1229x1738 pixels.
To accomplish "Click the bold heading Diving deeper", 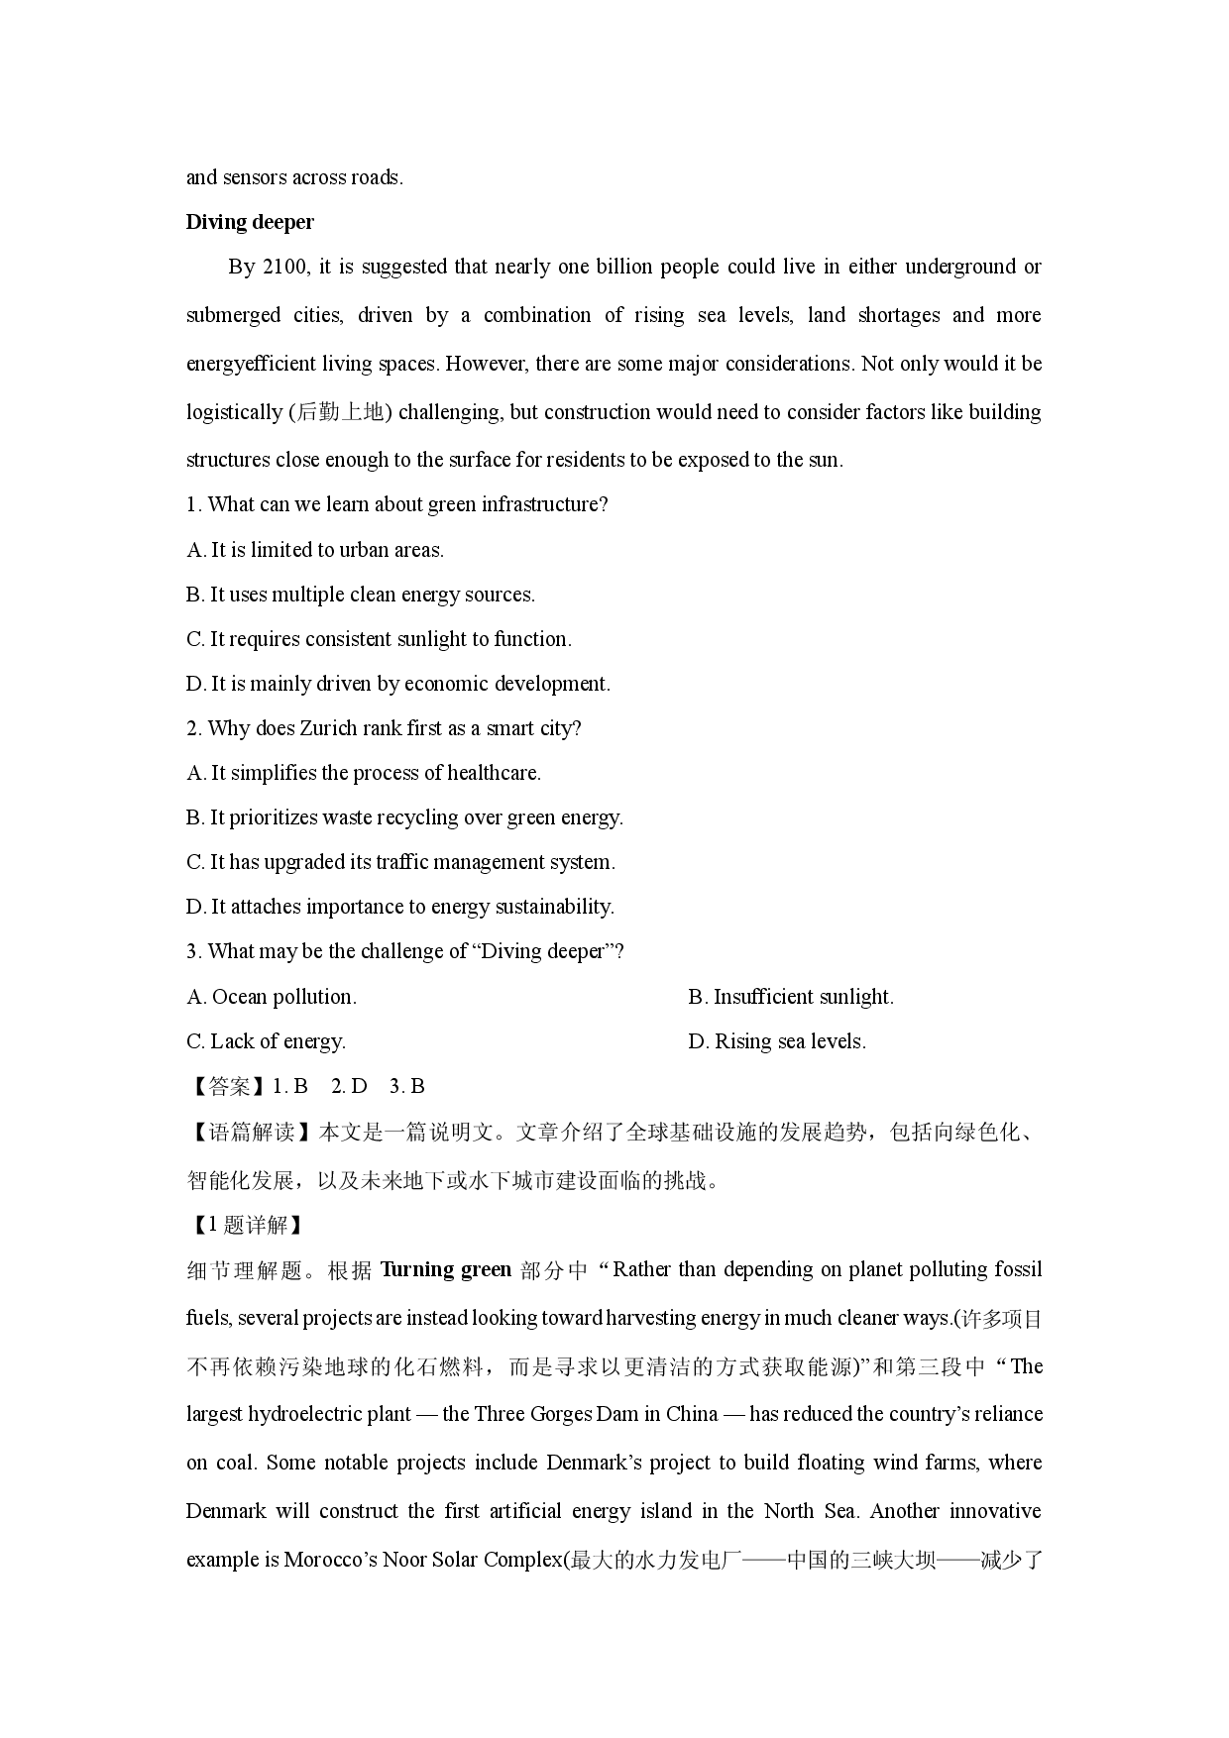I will click(x=250, y=222).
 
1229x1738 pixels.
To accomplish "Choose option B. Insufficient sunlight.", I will click(x=791, y=997).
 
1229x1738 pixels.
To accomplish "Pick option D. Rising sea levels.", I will click(x=777, y=1041).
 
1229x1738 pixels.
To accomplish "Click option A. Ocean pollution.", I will click(x=272, y=997).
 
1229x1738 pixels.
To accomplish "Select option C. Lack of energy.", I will click(x=266, y=1041).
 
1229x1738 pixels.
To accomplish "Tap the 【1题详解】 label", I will click(x=246, y=1225).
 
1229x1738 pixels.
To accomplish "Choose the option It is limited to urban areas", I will click(x=315, y=550).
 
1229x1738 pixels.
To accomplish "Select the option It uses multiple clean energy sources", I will click(x=361, y=595).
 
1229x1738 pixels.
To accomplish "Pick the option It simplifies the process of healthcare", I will click(x=364, y=773).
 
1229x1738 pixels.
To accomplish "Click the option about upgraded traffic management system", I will click(x=400, y=862).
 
